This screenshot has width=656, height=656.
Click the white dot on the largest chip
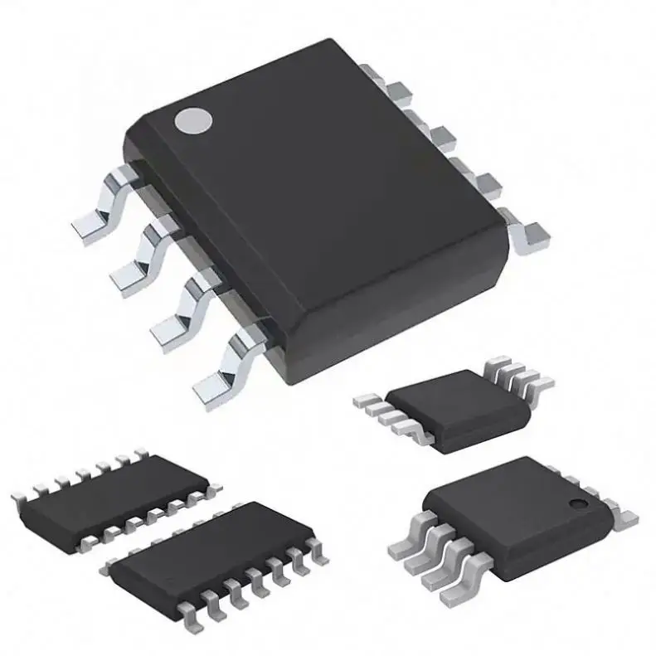pos(192,122)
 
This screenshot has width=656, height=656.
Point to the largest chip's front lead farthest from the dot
pos(222,365)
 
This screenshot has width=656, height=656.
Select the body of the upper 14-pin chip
pos(116,498)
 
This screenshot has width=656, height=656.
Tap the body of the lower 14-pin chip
pos(211,552)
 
